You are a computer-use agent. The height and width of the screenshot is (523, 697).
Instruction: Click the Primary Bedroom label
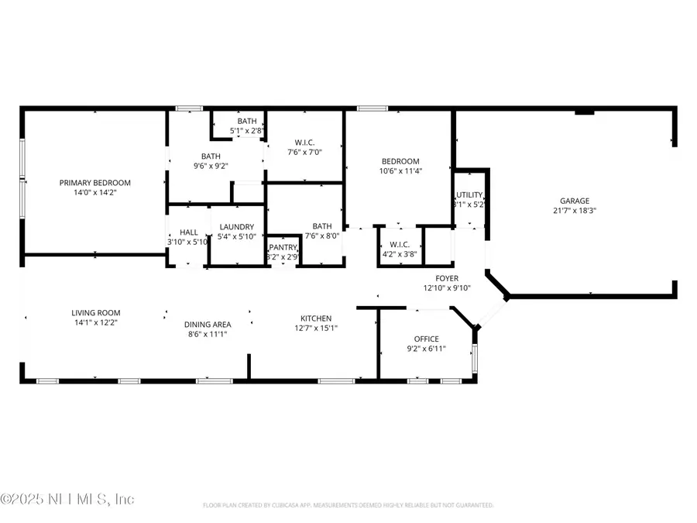click(95, 183)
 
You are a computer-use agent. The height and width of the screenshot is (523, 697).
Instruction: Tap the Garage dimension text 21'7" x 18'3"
click(574, 210)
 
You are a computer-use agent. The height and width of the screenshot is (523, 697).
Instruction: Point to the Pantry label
click(283, 247)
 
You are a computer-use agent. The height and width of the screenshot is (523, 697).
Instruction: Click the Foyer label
click(447, 278)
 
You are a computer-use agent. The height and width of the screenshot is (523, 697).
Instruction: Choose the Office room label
click(426, 339)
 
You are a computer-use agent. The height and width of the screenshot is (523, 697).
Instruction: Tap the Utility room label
click(469, 195)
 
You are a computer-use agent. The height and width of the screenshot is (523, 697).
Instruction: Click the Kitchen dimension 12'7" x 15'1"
click(316, 328)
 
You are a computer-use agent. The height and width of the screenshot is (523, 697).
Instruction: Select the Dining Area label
click(207, 325)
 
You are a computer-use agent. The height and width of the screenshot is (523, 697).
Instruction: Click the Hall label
click(189, 232)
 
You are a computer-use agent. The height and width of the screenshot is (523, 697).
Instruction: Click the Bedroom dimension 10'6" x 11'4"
click(400, 171)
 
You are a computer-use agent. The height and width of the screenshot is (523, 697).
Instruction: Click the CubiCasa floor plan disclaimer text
click(348, 505)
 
